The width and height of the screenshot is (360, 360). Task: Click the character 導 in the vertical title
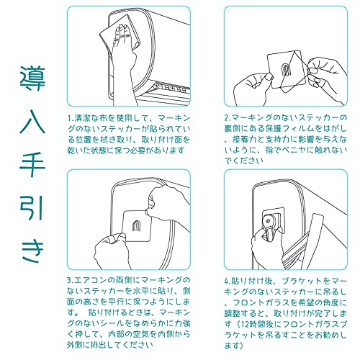pyautogui.click(x=32, y=78)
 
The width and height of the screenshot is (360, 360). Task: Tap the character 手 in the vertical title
pyautogui.click(x=32, y=165)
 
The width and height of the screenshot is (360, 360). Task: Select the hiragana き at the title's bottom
pyautogui.click(x=33, y=251)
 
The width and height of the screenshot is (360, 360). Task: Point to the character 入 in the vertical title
pyautogui.click(x=32, y=121)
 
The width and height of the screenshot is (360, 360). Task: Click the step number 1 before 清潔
pyautogui.click(x=69, y=119)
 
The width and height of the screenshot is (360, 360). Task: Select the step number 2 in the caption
pyautogui.click(x=226, y=118)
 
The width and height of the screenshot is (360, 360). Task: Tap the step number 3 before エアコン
pyautogui.click(x=69, y=280)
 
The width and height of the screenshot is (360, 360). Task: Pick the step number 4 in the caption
pyautogui.click(x=226, y=281)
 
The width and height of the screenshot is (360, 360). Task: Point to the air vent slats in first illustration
pyautogui.click(x=171, y=89)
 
